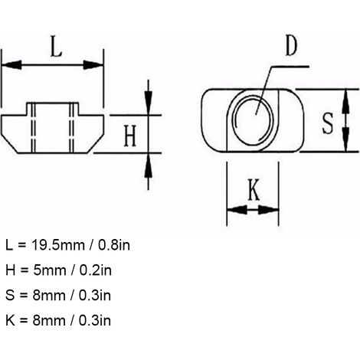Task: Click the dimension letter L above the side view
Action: [56, 46]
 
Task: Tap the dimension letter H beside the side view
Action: [130, 136]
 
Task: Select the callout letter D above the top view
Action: [291, 45]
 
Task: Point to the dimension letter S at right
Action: [328, 123]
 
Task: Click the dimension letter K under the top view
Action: [254, 189]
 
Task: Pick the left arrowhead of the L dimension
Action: [11, 65]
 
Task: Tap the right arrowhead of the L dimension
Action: [93, 65]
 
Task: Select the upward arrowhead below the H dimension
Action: [149, 166]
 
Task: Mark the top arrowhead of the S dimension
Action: [345, 101]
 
